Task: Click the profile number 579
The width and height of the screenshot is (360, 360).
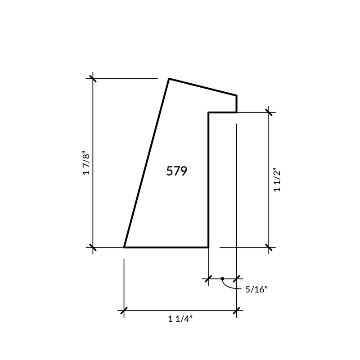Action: tap(176, 171)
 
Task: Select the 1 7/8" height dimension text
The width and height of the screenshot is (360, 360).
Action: tap(86, 163)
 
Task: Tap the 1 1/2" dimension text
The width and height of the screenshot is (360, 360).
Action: tap(277, 181)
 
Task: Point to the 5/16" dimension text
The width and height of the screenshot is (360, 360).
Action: tap(256, 289)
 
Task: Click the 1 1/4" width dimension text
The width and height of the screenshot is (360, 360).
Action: tap(180, 319)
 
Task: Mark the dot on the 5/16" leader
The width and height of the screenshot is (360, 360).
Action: tap(222, 279)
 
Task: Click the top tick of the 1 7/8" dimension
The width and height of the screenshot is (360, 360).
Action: tap(93, 78)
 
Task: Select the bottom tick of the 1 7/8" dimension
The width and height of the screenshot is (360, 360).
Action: tap(93, 247)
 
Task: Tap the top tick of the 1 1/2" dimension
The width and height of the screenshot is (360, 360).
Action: tap(269, 112)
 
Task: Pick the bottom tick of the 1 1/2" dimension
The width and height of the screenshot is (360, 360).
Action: tap(269, 247)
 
